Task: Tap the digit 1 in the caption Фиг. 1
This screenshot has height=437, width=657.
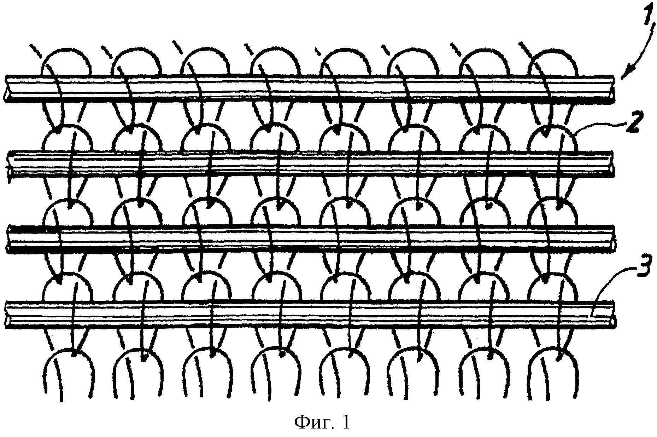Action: coord(345,421)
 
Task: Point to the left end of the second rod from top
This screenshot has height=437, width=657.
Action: coord(9,164)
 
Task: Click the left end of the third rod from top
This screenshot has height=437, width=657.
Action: coord(9,238)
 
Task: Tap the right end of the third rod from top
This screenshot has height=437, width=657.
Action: coord(614,238)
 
